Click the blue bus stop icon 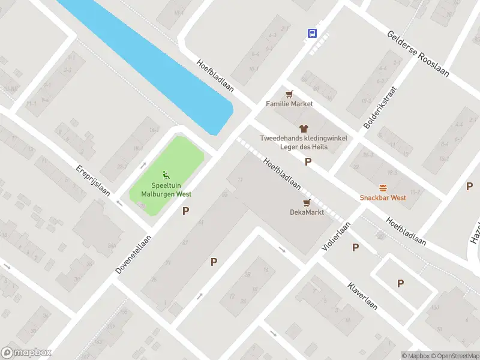312,33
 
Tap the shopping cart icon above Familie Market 290,94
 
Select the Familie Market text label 290,104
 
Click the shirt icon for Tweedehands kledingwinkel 303,128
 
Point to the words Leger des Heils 303,147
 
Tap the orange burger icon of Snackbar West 383,188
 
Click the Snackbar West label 383,197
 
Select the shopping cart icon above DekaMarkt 307,202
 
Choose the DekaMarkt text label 307,212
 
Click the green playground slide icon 166,175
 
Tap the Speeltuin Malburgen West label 166,190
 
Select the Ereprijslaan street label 92,181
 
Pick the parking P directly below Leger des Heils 308,161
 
